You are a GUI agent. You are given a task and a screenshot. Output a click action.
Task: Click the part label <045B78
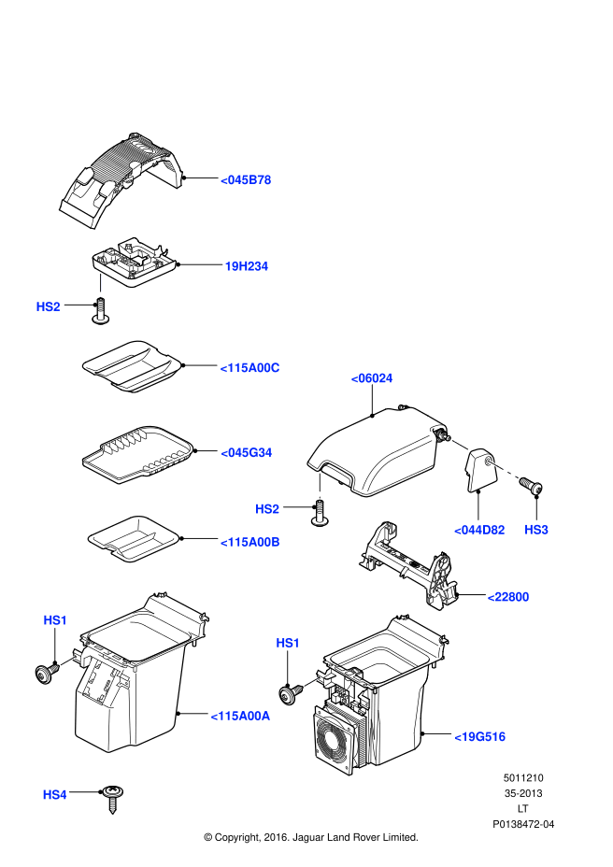point(246,180)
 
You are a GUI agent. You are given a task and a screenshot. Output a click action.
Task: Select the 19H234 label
point(246,266)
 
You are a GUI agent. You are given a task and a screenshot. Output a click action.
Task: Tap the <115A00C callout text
point(249,368)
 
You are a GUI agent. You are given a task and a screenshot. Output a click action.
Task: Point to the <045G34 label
point(246,453)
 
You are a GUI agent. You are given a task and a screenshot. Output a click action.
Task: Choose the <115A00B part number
point(249,543)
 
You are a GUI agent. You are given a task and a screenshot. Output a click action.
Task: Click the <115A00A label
point(240,716)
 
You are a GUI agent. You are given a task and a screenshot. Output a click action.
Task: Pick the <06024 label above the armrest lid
point(372,378)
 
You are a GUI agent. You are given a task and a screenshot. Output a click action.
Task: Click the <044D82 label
point(479,531)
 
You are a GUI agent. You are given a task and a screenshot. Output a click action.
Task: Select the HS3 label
point(536,530)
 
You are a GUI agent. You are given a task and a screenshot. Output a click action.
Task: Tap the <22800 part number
point(508,597)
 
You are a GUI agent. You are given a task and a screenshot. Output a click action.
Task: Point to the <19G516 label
point(479,737)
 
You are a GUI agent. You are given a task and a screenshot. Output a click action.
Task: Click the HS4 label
point(55,794)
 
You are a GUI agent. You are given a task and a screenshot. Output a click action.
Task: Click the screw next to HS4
point(113,799)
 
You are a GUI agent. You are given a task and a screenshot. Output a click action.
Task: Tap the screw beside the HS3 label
point(531,486)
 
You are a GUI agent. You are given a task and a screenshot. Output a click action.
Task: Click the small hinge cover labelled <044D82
point(480,470)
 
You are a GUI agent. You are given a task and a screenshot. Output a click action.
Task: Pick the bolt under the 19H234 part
point(100,311)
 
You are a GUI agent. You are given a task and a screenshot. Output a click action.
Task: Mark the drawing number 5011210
point(523,778)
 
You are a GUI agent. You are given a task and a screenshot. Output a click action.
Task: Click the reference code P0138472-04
point(523,824)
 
